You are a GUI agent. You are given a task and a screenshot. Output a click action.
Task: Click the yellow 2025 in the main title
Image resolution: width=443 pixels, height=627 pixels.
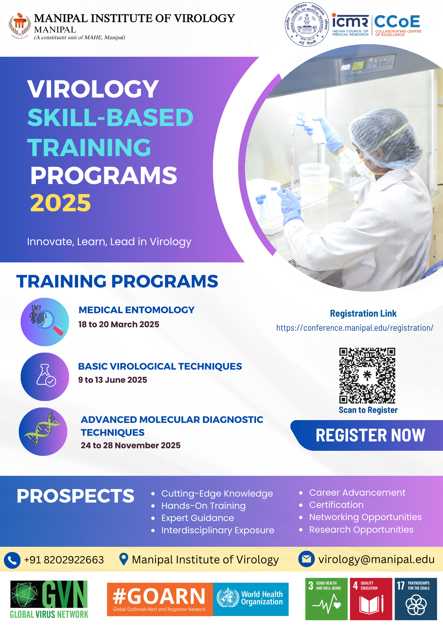[x=60, y=203]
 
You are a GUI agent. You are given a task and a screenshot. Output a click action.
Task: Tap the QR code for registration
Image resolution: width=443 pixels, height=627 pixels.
[x=367, y=376]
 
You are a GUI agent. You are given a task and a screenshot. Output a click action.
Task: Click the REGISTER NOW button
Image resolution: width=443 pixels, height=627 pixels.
[x=370, y=435]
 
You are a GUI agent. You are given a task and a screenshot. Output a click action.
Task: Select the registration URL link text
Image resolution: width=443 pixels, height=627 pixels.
[x=355, y=328]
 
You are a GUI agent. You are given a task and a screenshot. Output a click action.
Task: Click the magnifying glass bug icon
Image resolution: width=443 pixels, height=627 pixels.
[x=45, y=322]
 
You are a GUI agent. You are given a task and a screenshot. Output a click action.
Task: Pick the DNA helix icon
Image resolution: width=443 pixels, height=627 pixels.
[x=43, y=432]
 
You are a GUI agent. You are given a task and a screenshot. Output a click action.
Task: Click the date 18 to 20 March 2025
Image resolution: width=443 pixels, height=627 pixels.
[x=119, y=324]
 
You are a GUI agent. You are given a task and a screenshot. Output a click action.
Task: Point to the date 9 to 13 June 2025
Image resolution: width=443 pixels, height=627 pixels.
[x=112, y=380]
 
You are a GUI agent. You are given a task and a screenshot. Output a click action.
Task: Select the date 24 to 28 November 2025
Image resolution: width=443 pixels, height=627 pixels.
[x=131, y=445]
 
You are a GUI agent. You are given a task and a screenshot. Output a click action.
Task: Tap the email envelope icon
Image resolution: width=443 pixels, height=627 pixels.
[x=306, y=559]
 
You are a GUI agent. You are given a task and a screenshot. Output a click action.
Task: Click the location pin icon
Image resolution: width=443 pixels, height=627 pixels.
[x=124, y=559]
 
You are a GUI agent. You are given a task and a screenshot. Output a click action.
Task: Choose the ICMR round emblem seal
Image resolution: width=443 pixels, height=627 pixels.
[x=307, y=24]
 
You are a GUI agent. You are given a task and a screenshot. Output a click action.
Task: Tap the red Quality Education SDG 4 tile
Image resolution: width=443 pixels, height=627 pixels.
[x=371, y=599]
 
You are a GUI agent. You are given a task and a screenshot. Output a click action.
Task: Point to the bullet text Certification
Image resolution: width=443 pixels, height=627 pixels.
[x=336, y=505]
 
